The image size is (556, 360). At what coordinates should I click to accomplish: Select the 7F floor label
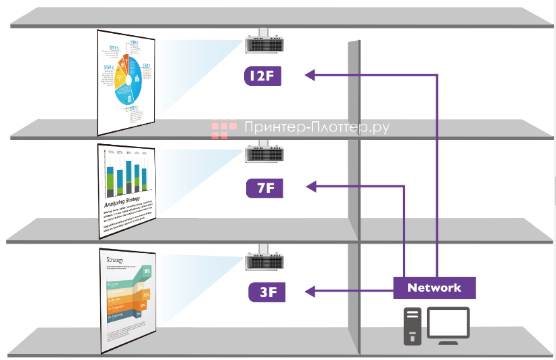click(265, 187)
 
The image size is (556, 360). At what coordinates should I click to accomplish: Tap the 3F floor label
click(265, 292)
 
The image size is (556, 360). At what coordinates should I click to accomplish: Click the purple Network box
click(434, 288)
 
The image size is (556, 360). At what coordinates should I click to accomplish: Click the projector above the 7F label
click(263, 154)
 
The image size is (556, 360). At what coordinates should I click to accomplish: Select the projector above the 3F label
click(263, 261)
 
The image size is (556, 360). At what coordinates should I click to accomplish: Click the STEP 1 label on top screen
click(134, 43)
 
